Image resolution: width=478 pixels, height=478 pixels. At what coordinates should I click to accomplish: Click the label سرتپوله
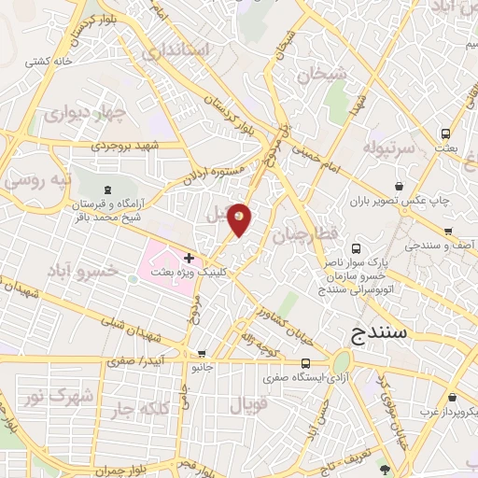point(387,148)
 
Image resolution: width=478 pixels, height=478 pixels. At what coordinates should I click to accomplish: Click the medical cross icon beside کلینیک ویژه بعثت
point(190,257)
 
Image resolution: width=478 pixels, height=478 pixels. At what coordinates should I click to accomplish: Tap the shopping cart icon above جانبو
point(203,354)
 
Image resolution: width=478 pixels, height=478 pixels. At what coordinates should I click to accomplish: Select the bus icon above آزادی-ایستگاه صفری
point(305,363)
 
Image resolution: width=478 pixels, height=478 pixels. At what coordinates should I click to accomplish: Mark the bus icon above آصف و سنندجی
point(448,232)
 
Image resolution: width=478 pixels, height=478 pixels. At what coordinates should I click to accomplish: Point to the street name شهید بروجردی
point(126,147)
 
